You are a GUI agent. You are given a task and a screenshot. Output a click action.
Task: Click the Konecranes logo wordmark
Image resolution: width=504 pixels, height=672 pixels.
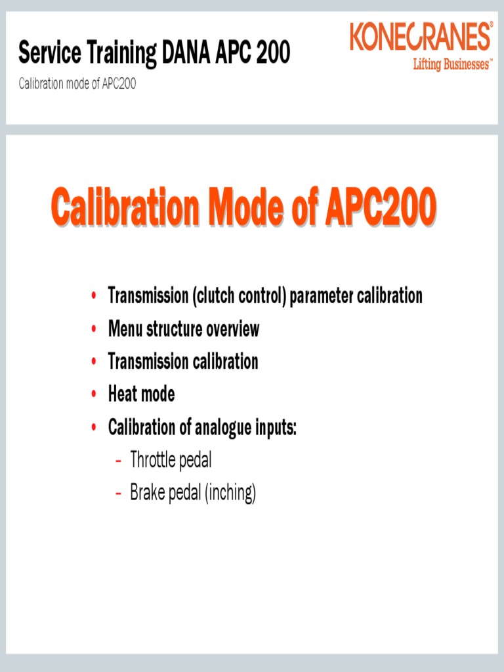coord(421,37)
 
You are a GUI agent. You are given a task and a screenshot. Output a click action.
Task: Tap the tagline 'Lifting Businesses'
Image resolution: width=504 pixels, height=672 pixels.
coord(451,64)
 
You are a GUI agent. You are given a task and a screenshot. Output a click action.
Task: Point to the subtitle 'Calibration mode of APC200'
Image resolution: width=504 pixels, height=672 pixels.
coord(77,85)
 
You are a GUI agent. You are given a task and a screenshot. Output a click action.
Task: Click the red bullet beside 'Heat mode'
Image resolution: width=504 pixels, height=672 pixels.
coord(94,394)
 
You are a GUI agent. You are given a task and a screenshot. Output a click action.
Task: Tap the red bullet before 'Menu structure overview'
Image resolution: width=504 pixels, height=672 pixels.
coord(94,328)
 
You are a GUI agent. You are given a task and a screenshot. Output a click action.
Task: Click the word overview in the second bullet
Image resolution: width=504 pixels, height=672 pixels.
coord(233,329)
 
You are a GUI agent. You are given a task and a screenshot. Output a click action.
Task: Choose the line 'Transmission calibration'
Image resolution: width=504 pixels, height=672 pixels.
coord(183,362)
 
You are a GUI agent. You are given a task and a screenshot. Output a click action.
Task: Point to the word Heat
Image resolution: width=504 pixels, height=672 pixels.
coord(123,394)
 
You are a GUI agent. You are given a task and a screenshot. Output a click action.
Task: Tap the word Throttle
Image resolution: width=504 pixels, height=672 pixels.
coord(154,460)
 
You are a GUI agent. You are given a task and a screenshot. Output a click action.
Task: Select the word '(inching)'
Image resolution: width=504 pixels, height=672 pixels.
coord(230,493)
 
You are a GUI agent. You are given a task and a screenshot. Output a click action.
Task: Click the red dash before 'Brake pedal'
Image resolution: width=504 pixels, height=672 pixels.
coord(118,493)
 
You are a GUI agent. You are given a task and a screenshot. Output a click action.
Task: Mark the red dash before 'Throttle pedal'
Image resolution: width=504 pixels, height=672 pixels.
coord(118,461)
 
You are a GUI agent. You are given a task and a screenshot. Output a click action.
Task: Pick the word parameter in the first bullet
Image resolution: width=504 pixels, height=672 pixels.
coord(322,296)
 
